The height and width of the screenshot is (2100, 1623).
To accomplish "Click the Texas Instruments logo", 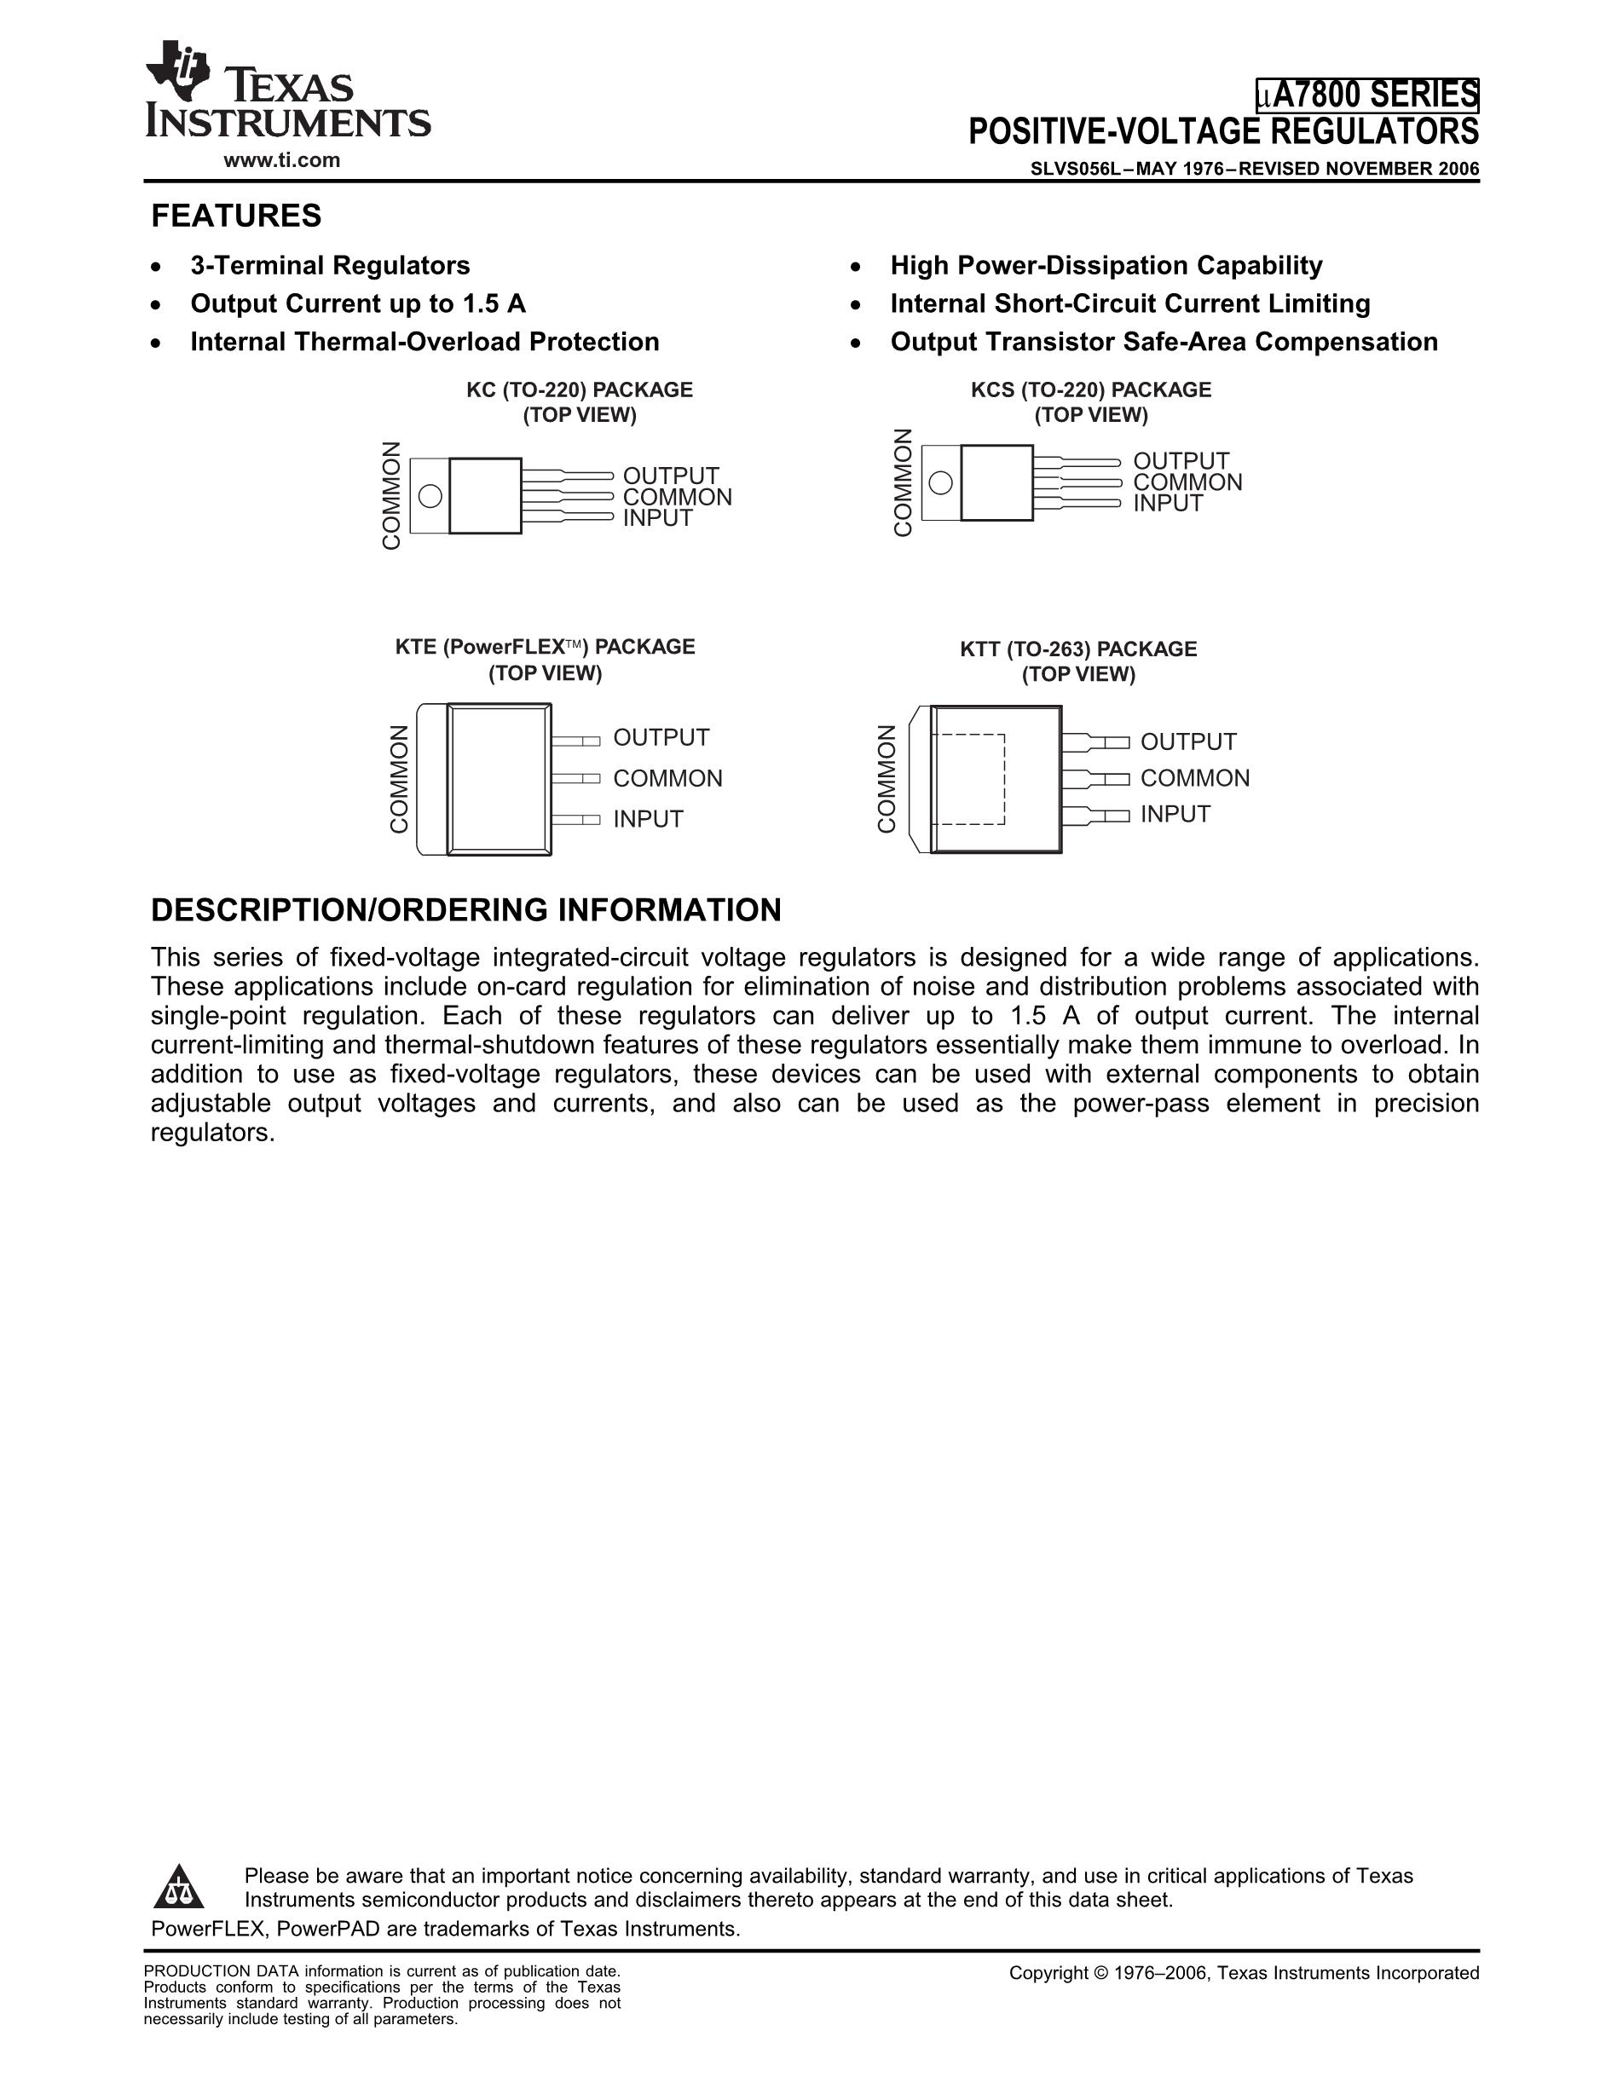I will (x=286, y=91).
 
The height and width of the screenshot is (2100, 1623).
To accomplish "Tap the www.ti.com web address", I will (x=281, y=160).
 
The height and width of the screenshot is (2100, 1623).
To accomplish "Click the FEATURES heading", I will (x=236, y=216).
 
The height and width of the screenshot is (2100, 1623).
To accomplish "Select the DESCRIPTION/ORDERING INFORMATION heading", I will (x=466, y=909).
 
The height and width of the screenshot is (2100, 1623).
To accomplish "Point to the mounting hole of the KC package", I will (x=430, y=496).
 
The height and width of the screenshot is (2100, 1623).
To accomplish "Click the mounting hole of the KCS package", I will (x=941, y=482).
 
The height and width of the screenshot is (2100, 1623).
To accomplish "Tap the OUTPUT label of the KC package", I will (x=670, y=476).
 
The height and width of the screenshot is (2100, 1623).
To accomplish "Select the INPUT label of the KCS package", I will (x=1167, y=503).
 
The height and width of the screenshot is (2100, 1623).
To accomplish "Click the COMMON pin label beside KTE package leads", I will (x=667, y=778).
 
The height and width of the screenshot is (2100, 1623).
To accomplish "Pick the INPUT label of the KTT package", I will (x=1175, y=815).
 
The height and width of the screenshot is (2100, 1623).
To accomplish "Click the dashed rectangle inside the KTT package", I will (x=971, y=779).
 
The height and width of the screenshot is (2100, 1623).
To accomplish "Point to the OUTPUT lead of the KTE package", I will (x=576, y=741).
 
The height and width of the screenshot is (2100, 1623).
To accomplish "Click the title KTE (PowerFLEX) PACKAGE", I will (x=544, y=647).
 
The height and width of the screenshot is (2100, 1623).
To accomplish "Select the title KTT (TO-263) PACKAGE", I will (x=1077, y=649).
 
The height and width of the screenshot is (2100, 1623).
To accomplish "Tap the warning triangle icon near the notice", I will (x=179, y=1888).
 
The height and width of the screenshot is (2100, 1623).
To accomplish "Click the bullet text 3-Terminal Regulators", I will (x=330, y=265).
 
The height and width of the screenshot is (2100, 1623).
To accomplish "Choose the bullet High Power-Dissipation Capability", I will (x=1106, y=265).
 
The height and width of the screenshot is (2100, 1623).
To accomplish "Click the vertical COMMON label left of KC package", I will (x=391, y=496).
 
